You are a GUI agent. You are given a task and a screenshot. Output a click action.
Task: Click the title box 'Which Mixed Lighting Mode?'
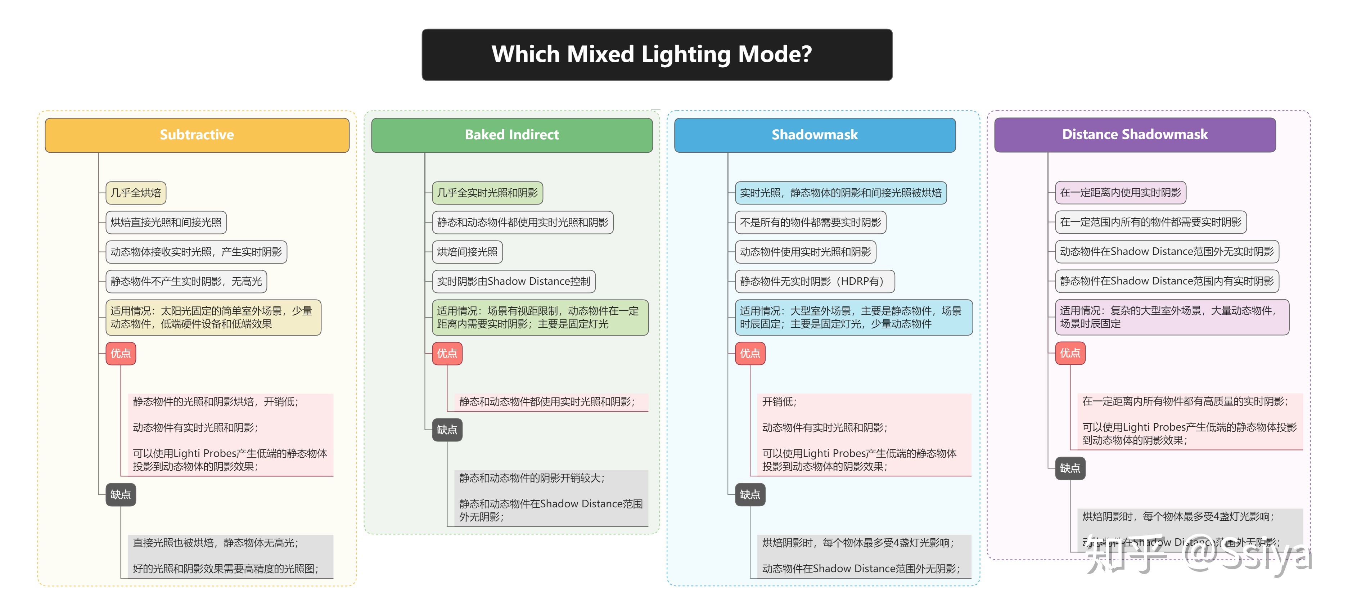(657, 54)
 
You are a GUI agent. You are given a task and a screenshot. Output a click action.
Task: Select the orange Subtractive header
(197, 135)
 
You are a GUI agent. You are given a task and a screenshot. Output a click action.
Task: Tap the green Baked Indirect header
(512, 135)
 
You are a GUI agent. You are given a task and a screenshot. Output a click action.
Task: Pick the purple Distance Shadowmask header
(1135, 135)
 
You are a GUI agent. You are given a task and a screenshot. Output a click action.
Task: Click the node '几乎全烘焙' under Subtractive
(136, 193)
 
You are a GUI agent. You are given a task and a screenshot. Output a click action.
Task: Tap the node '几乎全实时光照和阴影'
(487, 193)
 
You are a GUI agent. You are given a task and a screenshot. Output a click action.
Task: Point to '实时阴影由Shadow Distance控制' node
(513, 282)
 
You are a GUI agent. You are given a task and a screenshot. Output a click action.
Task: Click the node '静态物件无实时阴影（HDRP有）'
(814, 282)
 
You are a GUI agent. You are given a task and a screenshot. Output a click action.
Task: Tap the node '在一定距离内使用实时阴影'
(1121, 193)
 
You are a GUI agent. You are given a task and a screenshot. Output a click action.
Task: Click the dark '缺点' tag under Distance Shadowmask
(1070, 468)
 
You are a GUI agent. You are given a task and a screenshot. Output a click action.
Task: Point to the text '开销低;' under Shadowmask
(779, 402)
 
